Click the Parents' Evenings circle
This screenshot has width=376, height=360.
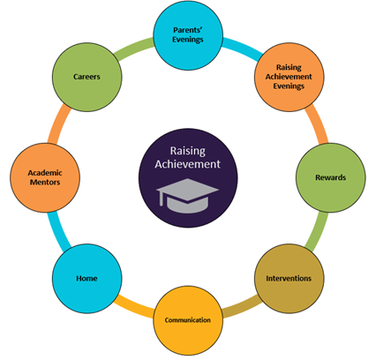(x=188, y=35)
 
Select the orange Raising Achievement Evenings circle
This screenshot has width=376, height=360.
(x=289, y=77)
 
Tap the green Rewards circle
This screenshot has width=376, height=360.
(x=331, y=177)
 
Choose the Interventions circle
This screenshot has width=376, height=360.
(x=289, y=278)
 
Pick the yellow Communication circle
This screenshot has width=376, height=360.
(x=188, y=320)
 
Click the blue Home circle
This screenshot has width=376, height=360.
(x=87, y=278)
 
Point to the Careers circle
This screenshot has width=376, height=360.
(x=87, y=77)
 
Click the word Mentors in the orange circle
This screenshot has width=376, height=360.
(x=45, y=183)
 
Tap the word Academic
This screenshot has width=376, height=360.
(x=45, y=173)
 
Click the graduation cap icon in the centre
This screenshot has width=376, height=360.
(x=187, y=196)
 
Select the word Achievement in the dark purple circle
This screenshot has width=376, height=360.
(x=188, y=164)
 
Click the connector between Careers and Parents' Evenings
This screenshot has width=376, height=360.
(x=134, y=49)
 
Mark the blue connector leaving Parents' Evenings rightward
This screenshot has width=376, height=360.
(x=243, y=49)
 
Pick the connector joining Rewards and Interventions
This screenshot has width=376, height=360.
(x=317, y=231)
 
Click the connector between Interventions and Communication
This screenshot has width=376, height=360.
(x=242, y=307)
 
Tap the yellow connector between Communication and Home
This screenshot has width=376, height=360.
(x=134, y=307)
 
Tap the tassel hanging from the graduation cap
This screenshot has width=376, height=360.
(x=161, y=199)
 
